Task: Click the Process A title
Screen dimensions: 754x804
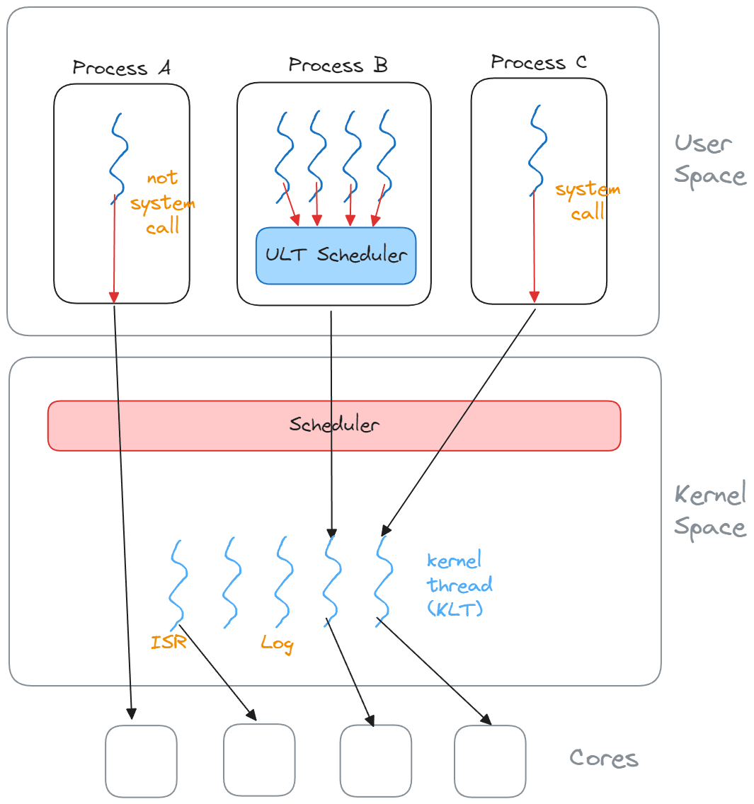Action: click(x=121, y=68)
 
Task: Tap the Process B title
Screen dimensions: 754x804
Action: click(x=338, y=65)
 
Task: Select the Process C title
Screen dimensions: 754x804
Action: click(x=539, y=62)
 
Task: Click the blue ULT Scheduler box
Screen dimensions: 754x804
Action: click(x=336, y=255)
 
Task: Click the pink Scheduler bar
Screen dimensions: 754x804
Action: click(x=334, y=425)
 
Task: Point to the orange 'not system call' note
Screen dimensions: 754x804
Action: click(x=163, y=202)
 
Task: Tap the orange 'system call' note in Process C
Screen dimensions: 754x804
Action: click(x=588, y=200)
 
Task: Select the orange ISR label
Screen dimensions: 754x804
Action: click(x=168, y=642)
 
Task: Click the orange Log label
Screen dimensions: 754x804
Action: click(x=277, y=643)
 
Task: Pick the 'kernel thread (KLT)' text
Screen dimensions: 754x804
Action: click(x=459, y=585)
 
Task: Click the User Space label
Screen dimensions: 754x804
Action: click(x=710, y=160)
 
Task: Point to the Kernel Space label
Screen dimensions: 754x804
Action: click(x=710, y=510)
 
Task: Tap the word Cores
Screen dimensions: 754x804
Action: click(x=604, y=758)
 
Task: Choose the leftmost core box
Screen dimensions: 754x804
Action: click(x=141, y=761)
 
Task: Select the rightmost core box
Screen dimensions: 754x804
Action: click(x=490, y=761)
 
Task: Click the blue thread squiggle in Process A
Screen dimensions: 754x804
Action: click(x=118, y=159)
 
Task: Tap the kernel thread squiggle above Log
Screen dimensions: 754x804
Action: click(x=284, y=582)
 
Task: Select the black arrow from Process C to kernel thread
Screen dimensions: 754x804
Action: click(x=459, y=422)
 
